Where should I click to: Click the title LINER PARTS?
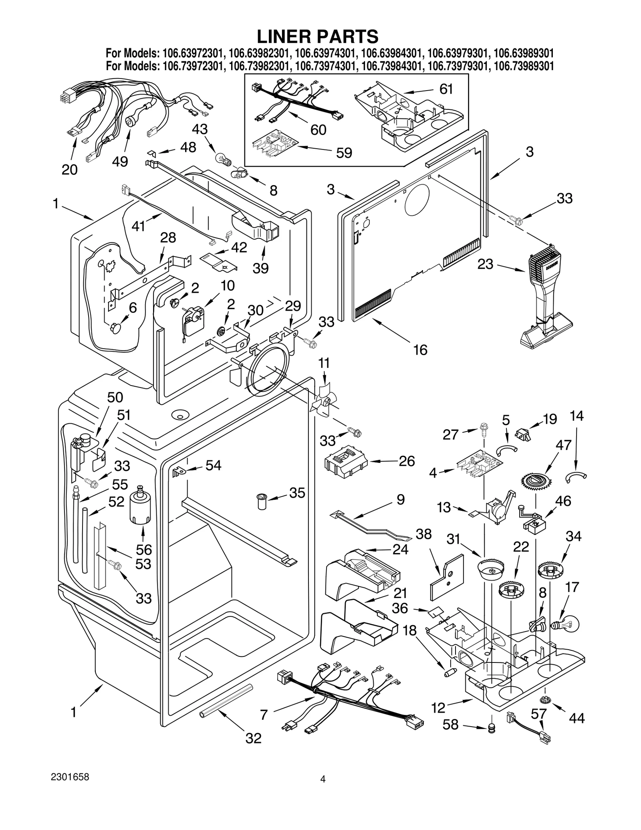[x=317, y=36]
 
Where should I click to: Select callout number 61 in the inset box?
[x=446, y=89]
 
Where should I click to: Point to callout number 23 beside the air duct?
[x=485, y=265]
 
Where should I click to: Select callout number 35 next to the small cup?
[x=297, y=493]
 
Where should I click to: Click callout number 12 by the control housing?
[x=438, y=708]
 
